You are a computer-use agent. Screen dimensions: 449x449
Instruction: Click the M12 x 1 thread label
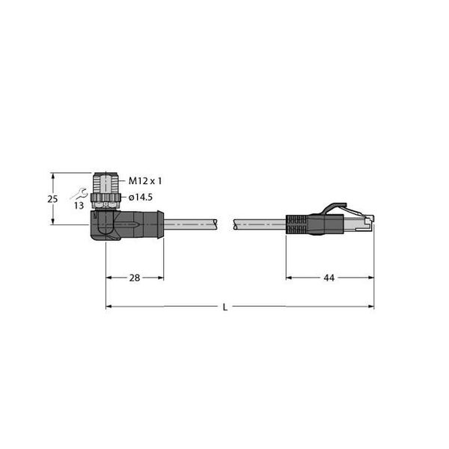[x=145, y=181]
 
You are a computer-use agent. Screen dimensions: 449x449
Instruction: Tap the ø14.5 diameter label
[x=141, y=198]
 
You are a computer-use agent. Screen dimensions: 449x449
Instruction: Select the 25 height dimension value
[x=52, y=199]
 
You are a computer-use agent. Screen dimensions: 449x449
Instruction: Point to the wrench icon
[x=79, y=194]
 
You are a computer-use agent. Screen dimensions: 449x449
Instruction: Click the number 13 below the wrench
[x=79, y=205]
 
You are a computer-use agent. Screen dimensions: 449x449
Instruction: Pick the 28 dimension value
[x=135, y=278]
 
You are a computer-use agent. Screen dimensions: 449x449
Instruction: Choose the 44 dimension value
[x=329, y=278]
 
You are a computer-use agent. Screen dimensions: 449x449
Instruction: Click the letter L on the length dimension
[x=225, y=308]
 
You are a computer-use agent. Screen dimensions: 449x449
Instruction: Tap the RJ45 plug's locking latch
[x=335, y=208]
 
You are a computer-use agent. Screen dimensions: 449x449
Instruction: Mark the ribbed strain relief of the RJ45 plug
[x=296, y=224]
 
